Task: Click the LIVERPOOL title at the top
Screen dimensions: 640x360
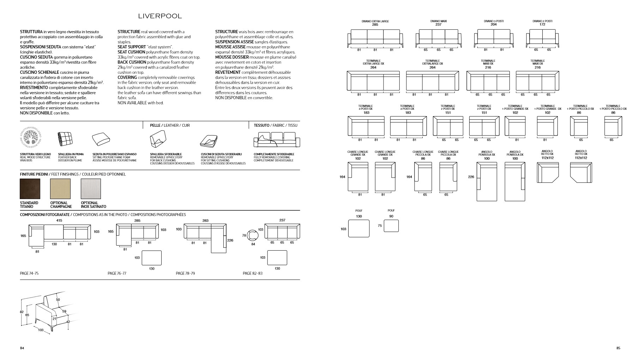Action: pyautogui.click(x=160, y=16)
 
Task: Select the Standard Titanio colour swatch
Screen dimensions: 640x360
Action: pyautogui.click(x=30, y=189)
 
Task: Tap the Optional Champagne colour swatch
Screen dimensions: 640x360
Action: pyautogui.click(x=60, y=189)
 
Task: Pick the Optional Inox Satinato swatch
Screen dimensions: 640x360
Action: pyautogui.click(x=91, y=189)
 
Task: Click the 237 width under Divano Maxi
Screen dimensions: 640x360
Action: pyautogui.click(x=438, y=25)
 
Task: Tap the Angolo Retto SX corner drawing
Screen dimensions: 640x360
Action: pyautogui.click(x=547, y=173)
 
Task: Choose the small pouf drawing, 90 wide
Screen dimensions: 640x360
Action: pyautogui.click(x=391, y=226)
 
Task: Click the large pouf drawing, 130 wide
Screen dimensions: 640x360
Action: pyautogui.click(x=359, y=228)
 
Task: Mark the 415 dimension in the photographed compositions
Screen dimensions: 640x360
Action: pyautogui.click(x=59, y=221)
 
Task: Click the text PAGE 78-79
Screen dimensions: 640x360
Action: pyautogui.click(x=185, y=273)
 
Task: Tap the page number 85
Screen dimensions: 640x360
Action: pyautogui.click(x=618, y=348)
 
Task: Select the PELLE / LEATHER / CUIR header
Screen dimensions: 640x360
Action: pyautogui.click(x=170, y=125)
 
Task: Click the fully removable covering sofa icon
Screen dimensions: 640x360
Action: pyautogui.click(x=277, y=140)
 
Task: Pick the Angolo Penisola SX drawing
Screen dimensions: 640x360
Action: pyautogui.click(x=487, y=181)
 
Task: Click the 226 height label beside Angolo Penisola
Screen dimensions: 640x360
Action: pyautogui.click(x=471, y=177)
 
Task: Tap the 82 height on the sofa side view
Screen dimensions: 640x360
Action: pyautogui.click(x=22, y=312)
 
